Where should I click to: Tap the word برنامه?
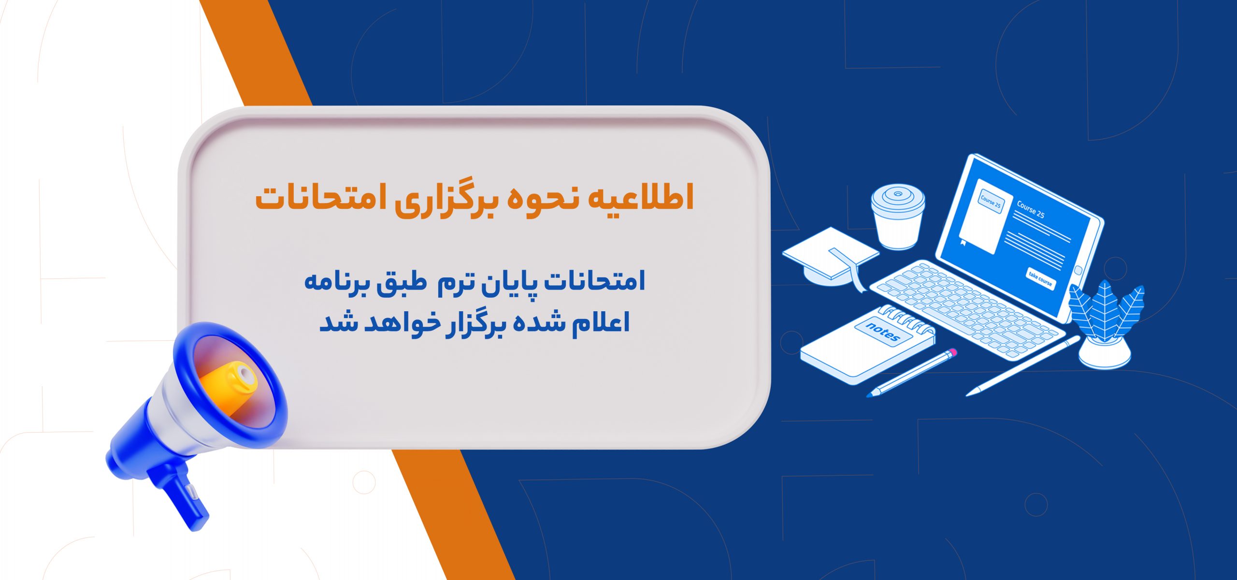pyautogui.click(x=338, y=282)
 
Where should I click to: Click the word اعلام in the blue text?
pyautogui.click(x=601, y=322)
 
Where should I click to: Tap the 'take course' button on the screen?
pyautogui.click(x=1040, y=279)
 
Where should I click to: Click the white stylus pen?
pyautogui.click(x=1022, y=366)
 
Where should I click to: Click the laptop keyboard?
pyautogui.click(x=966, y=309)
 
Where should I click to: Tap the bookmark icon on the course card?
pyautogui.click(x=964, y=242)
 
